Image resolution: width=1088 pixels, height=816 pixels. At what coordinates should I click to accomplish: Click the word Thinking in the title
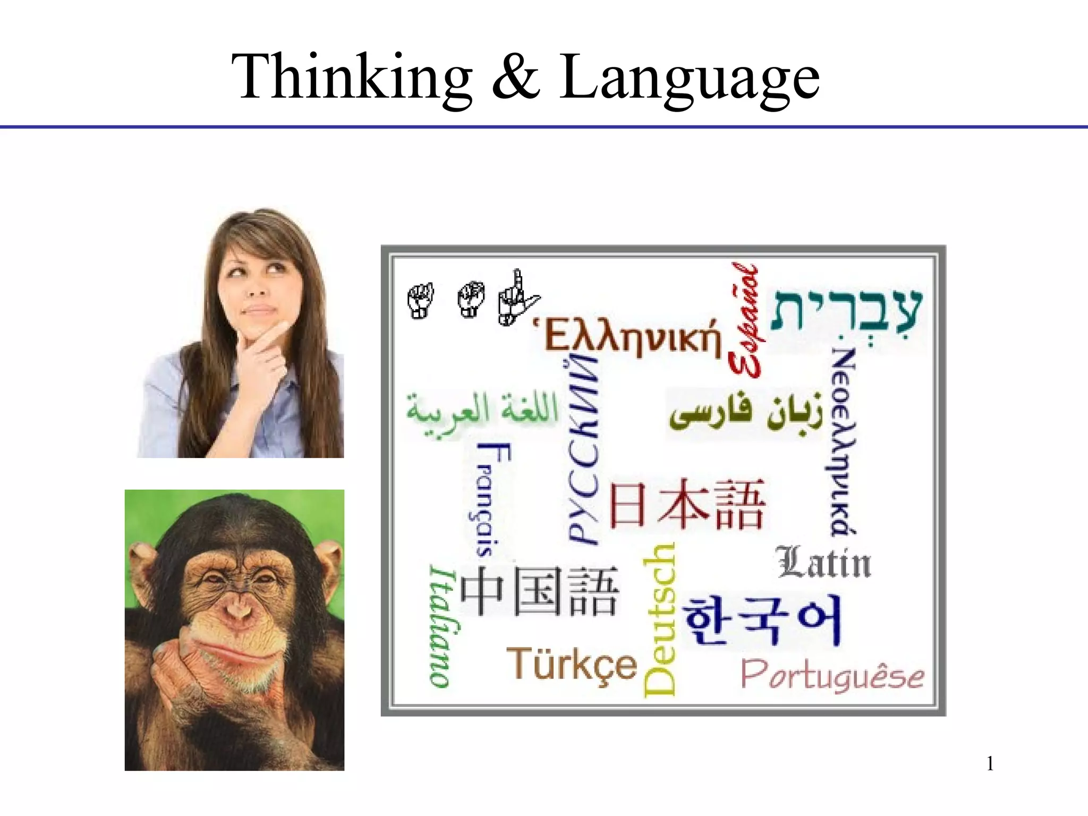[352, 77]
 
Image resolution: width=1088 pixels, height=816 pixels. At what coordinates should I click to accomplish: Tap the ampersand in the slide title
[515, 77]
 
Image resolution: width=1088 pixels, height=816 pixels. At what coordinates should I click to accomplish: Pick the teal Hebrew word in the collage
[847, 310]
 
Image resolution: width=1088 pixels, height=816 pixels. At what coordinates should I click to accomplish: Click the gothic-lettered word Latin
[824, 563]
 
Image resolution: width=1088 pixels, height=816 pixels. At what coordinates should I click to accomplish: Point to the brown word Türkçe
[572, 664]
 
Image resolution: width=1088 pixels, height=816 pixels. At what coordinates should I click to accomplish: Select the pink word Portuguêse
[832, 675]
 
